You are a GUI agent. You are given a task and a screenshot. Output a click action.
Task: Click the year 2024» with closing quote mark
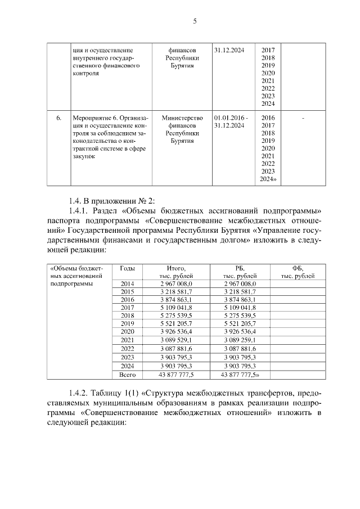(268, 179)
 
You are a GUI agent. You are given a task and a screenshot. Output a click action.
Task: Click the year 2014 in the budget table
(127, 284)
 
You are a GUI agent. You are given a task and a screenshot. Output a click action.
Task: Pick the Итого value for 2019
(176, 324)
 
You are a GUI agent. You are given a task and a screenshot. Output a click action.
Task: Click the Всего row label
(127, 373)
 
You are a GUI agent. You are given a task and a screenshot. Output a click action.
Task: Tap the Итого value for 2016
(176, 300)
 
